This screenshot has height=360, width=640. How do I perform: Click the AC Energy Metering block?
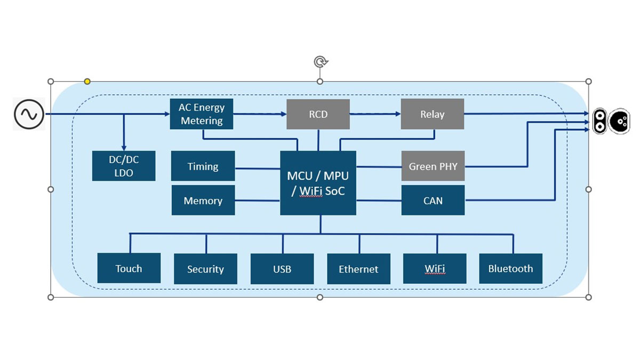pyautogui.click(x=202, y=114)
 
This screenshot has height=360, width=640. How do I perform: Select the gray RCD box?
pyautogui.click(x=318, y=114)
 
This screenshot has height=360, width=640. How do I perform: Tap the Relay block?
pyautogui.click(x=432, y=114)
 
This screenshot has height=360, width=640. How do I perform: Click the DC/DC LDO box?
pyautogui.click(x=124, y=166)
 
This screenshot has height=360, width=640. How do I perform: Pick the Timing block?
pyautogui.click(x=203, y=166)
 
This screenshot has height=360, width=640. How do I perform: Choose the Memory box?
pyautogui.click(x=203, y=201)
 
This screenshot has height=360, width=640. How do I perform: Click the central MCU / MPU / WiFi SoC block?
pyautogui.click(x=318, y=183)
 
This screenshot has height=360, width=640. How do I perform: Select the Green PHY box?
pyautogui.click(x=433, y=166)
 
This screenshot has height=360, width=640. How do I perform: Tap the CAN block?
pyautogui.click(x=433, y=201)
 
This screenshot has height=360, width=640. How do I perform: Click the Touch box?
pyautogui.click(x=129, y=268)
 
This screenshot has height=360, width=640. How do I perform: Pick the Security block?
pyautogui.click(x=205, y=269)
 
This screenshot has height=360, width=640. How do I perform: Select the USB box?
pyautogui.click(x=282, y=269)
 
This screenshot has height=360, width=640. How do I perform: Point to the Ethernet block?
pyautogui.click(x=358, y=269)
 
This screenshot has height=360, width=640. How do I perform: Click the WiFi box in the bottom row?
pyautogui.click(x=435, y=268)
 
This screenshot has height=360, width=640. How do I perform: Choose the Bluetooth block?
pyautogui.click(x=511, y=268)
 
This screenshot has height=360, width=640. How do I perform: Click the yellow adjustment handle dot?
pyautogui.click(x=87, y=82)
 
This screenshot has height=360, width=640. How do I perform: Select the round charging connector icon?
pyautogui.click(x=619, y=122)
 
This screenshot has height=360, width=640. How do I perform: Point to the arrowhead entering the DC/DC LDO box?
pyautogui.click(x=124, y=148)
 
